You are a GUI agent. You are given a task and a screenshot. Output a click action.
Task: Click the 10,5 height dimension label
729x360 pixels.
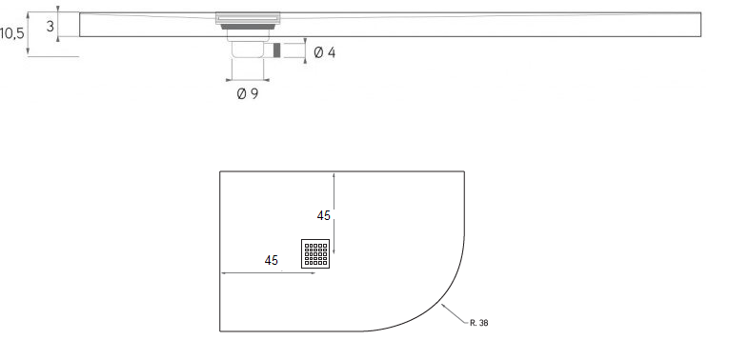(x=11, y=33)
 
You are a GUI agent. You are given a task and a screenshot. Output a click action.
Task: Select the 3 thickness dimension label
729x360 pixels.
(x=51, y=27)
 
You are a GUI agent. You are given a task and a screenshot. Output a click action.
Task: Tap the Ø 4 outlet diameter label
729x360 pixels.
(x=325, y=52)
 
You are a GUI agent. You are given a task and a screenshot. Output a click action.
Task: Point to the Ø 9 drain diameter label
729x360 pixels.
(x=248, y=94)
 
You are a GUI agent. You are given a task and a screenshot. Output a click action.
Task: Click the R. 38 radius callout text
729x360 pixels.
(x=479, y=323)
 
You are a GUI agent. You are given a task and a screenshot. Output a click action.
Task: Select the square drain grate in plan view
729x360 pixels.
(x=315, y=253)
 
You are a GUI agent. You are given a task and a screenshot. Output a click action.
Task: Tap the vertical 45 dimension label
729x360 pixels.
(x=324, y=215)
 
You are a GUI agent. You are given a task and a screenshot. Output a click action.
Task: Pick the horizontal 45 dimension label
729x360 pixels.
(x=271, y=261)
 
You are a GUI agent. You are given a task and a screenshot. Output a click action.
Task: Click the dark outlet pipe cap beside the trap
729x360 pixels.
(x=276, y=50)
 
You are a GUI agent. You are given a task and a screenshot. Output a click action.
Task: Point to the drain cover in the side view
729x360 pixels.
(x=248, y=18)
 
